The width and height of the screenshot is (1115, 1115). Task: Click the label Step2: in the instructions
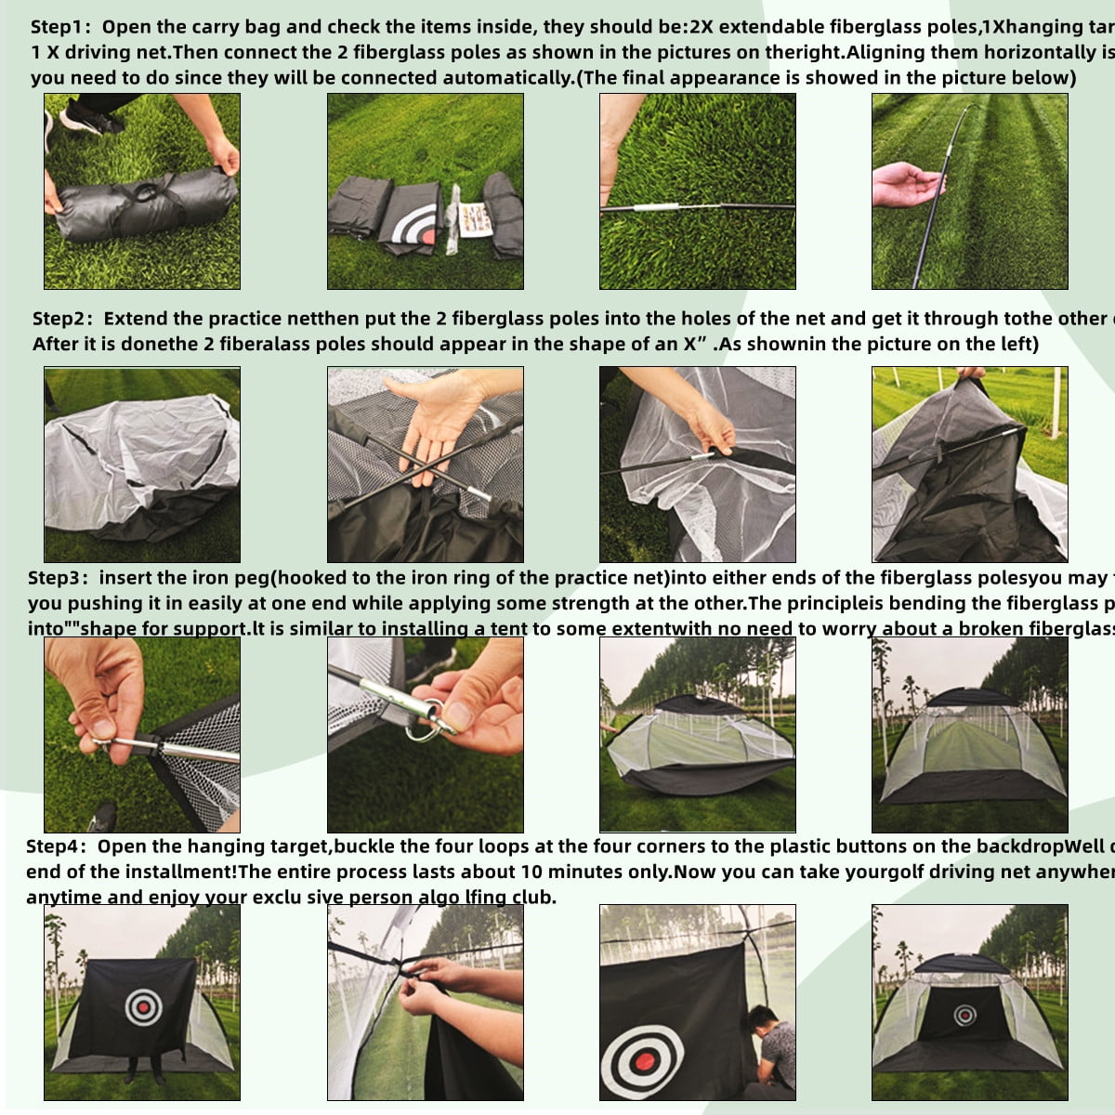point(63,319)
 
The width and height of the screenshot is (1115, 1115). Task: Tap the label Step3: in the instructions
point(59,578)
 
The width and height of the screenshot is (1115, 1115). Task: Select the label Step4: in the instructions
point(57,846)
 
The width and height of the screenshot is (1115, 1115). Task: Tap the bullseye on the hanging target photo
point(143,1004)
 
